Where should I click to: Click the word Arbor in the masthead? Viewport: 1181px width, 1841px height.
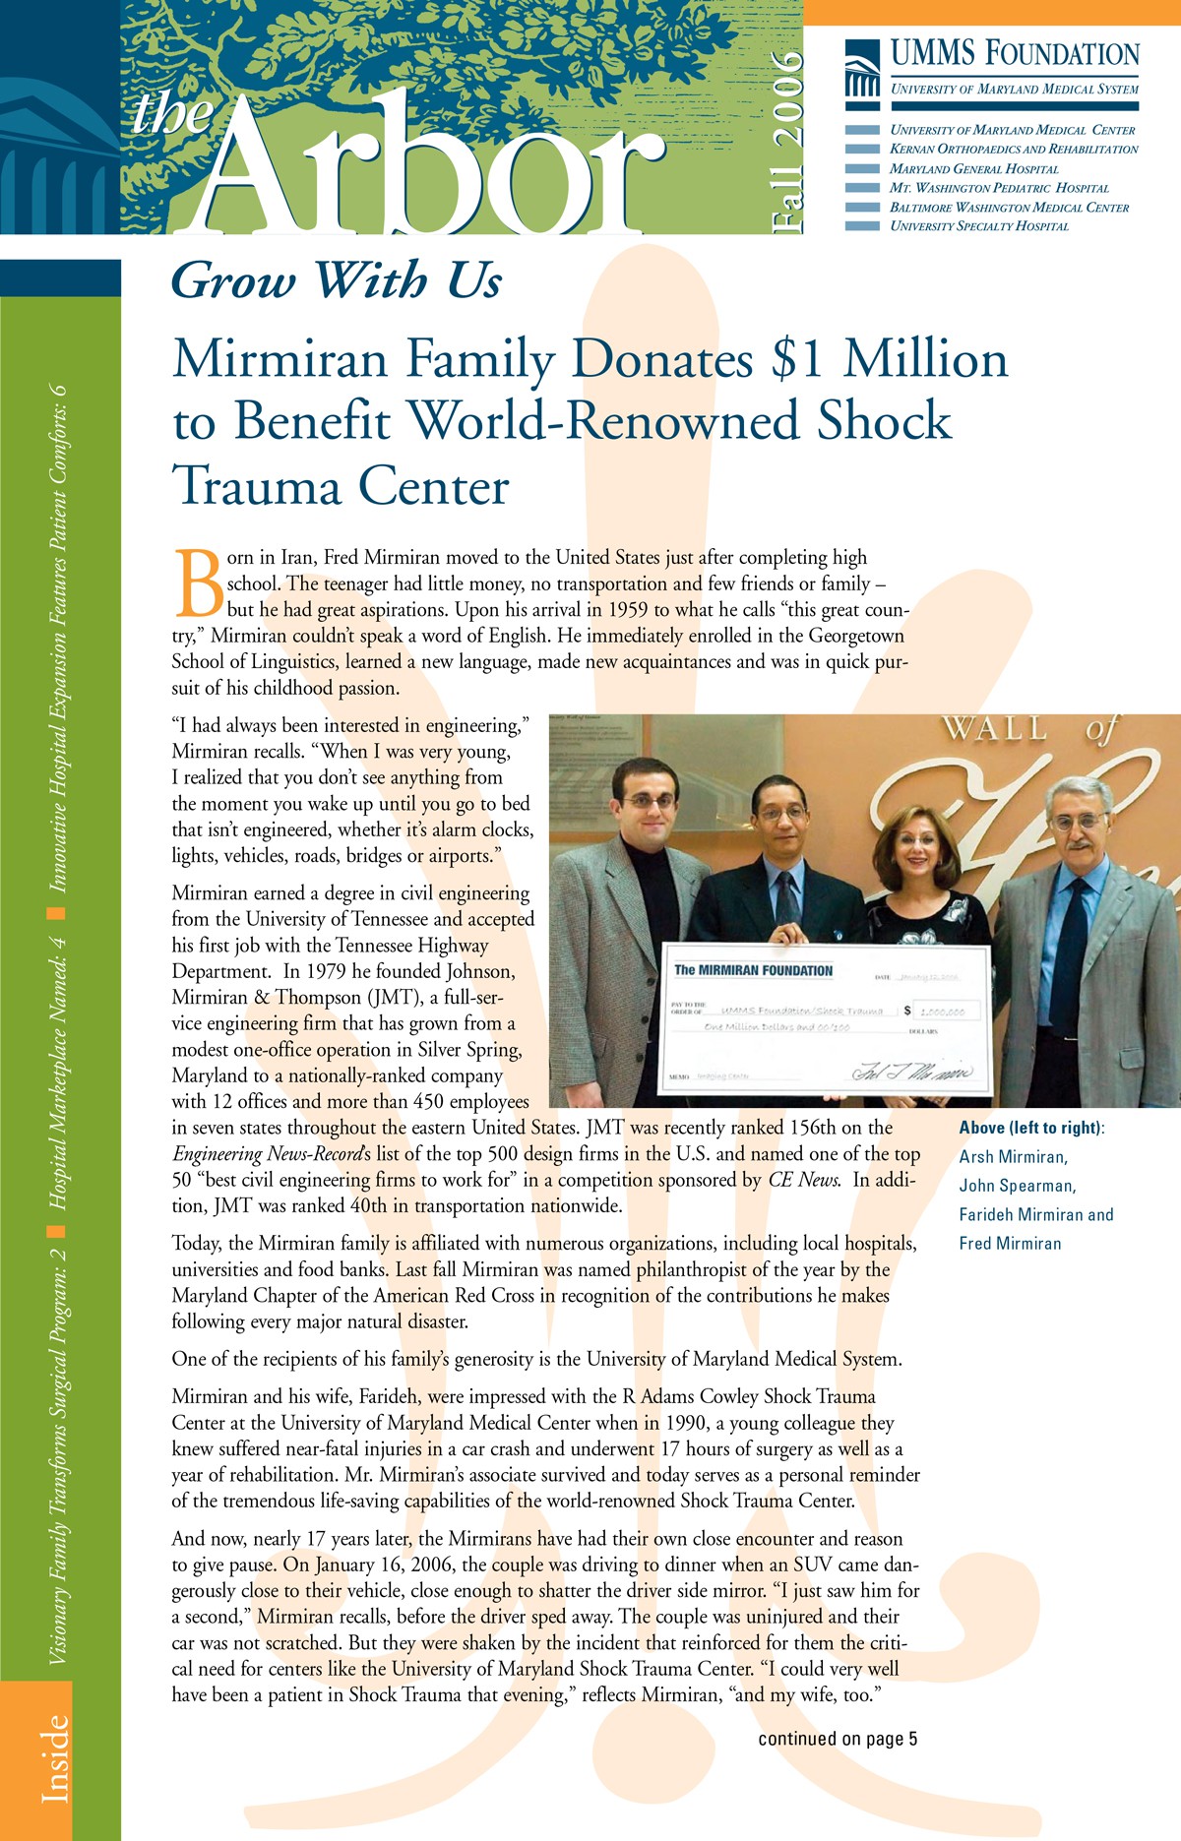pos(423,167)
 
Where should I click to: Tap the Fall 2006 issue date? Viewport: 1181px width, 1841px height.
pos(788,143)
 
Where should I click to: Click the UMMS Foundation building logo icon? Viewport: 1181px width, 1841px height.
pos(862,69)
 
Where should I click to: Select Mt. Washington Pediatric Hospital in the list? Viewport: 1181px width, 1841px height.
pos(999,188)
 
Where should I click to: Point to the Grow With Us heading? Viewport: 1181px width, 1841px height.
pos(337,280)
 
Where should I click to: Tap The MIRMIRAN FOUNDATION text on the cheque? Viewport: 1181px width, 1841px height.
pos(753,970)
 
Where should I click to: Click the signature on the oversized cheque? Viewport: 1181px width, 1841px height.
pos(910,1072)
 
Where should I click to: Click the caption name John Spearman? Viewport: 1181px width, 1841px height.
pos(1018,1186)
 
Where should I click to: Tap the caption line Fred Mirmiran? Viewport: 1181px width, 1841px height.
pos(1010,1244)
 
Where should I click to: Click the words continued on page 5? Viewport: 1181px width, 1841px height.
pos(838,1739)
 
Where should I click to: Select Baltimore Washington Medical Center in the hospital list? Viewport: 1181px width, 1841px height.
pos(1009,208)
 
